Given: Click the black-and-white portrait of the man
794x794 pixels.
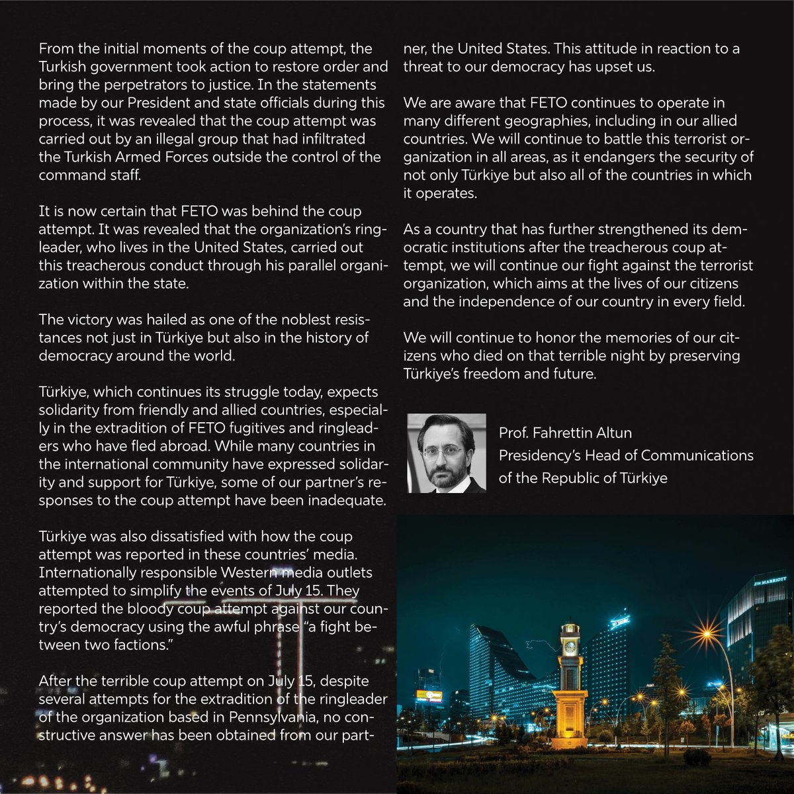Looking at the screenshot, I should (446, 453).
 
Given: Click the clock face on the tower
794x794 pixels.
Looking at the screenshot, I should (570, 648).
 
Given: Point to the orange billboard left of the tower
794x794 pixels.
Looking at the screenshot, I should (429, 695).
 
